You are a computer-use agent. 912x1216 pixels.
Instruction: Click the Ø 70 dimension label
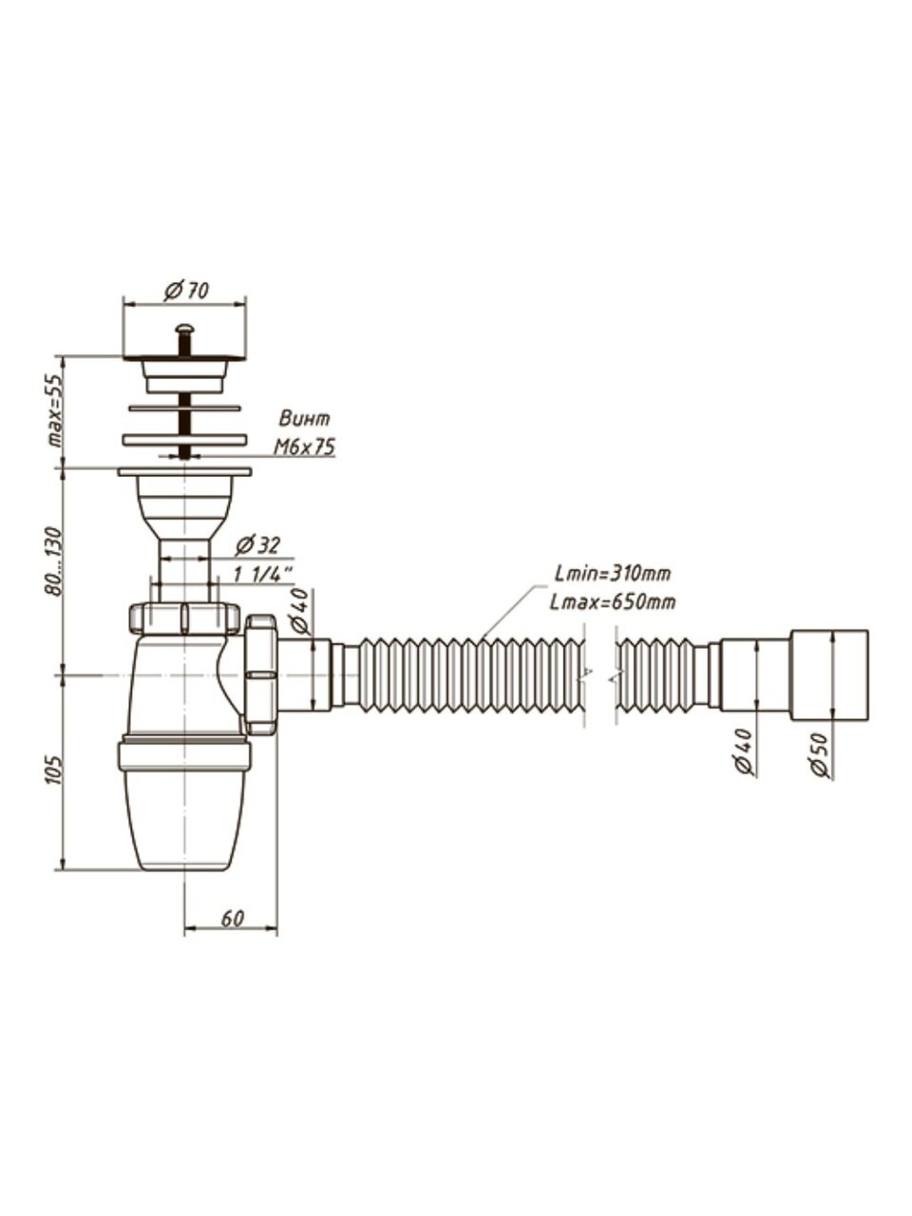[186, 292]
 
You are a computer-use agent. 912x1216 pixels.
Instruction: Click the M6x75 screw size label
[304, 447]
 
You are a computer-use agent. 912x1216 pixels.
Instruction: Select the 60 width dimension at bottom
[233, 919]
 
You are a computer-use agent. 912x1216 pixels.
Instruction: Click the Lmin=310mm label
[614, 573]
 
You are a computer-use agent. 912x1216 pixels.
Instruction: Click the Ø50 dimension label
[823, 756]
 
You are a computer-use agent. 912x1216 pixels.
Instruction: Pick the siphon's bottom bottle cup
[184, 817]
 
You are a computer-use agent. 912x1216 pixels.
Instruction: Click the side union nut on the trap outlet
[260, 674]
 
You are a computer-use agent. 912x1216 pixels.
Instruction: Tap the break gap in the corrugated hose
[599, 675]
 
